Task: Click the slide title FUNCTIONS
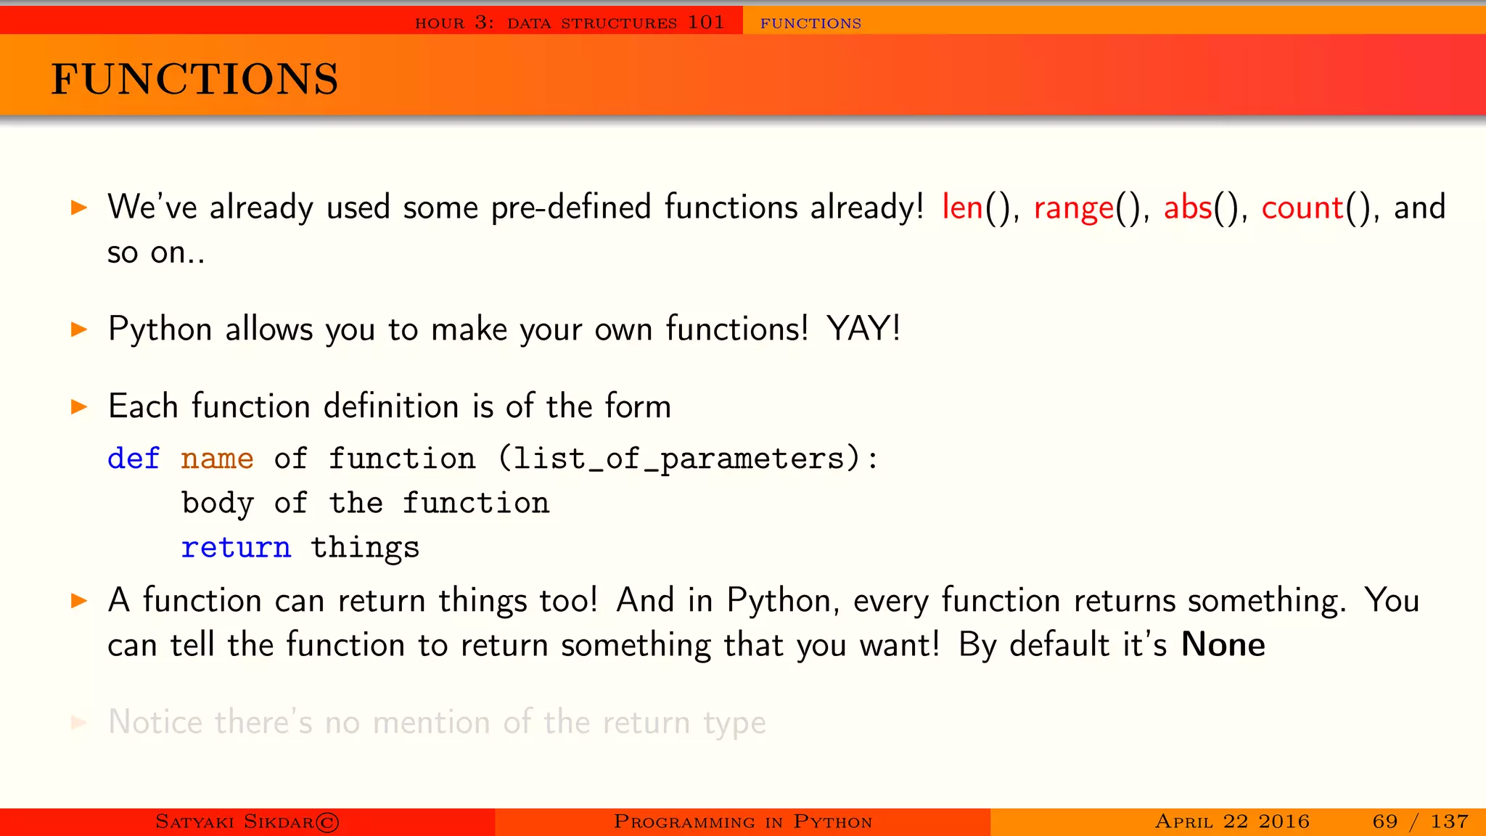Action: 194,79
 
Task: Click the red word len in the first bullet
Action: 962,208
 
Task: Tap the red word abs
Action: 1188,208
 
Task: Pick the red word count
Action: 1302,208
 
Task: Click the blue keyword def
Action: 134,459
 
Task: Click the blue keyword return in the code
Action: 236,547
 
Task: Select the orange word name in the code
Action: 217,459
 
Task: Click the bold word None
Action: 1223,644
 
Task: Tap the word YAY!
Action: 863,329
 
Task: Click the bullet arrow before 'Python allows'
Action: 79,329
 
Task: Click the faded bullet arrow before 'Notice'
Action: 79,722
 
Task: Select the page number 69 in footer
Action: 1384,821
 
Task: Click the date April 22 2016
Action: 1232,821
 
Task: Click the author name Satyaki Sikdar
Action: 236,821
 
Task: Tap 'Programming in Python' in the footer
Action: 742,821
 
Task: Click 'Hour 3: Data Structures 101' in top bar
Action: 570,22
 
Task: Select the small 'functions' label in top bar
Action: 810,23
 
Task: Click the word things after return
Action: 365,548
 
